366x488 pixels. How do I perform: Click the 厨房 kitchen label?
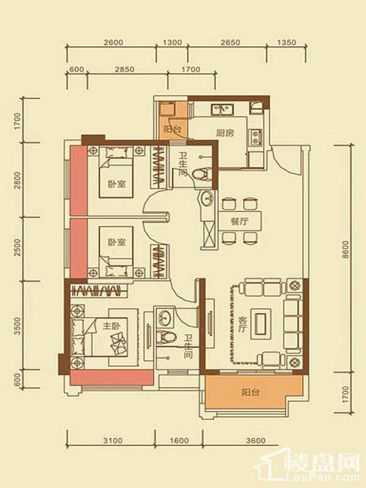(x=225, y=133)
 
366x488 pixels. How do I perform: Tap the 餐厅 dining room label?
(x=240, y=221)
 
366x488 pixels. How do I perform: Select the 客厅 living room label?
(x=242, y=325)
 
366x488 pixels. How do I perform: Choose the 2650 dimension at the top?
(x=231, y=42)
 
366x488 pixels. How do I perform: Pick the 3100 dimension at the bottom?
(x=113, y=440)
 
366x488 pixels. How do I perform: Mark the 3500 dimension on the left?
(x=18, y=326)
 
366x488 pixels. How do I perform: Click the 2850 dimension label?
(x=124, y=69)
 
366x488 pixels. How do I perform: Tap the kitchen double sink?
(x=223, y=109)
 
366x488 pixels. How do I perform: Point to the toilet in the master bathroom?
(x=165, y=337)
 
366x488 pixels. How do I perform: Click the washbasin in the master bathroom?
(x=165, y=317)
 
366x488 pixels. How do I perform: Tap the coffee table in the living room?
(x=260, y=324)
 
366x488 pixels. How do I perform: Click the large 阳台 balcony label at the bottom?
(x=251, y=392)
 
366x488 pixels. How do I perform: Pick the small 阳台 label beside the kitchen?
(x=172, y=129)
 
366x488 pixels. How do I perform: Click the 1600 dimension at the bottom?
(x=179, y=440)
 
